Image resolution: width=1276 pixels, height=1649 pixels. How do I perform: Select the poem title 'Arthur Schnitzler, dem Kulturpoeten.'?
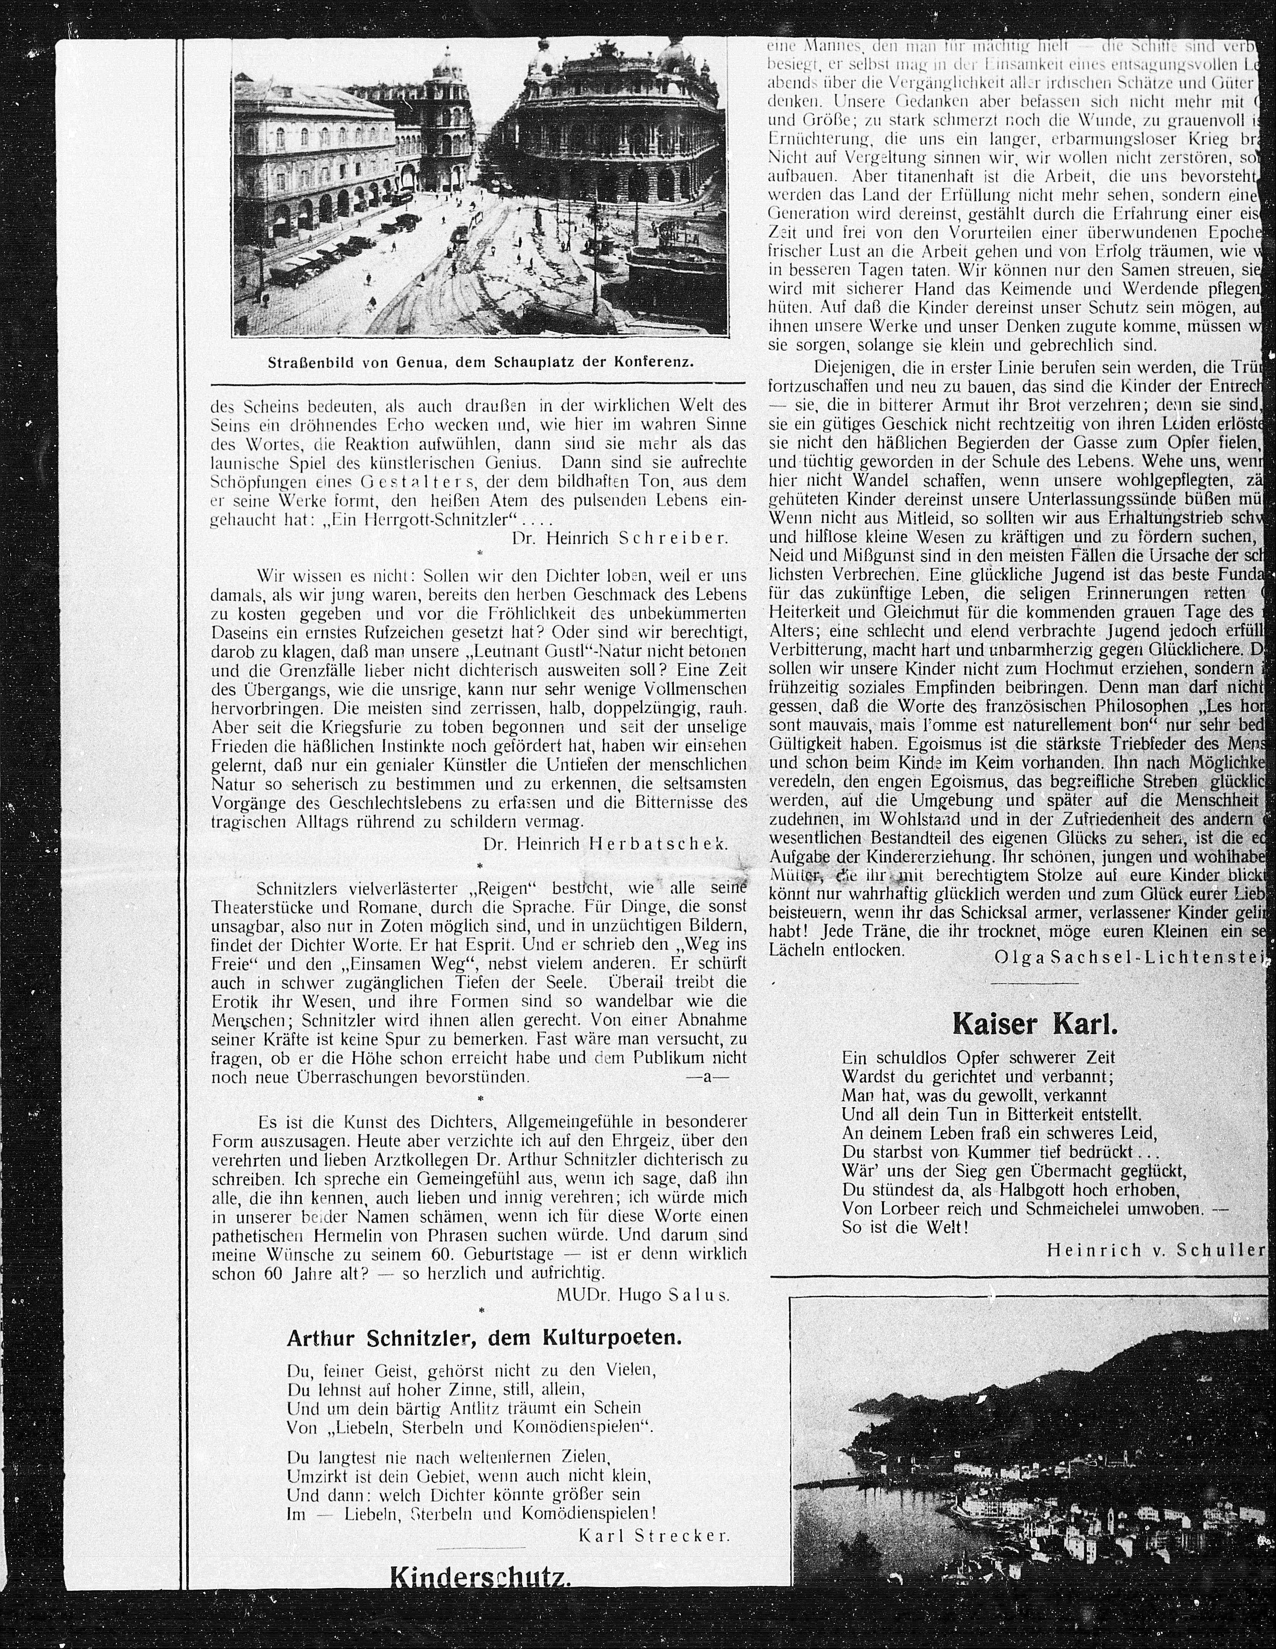pos(484,1338)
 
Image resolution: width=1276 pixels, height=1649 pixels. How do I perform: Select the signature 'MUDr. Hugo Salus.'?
pos(643,1295)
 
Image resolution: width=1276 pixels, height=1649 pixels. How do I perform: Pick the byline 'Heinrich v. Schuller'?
pos(1155,1250)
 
